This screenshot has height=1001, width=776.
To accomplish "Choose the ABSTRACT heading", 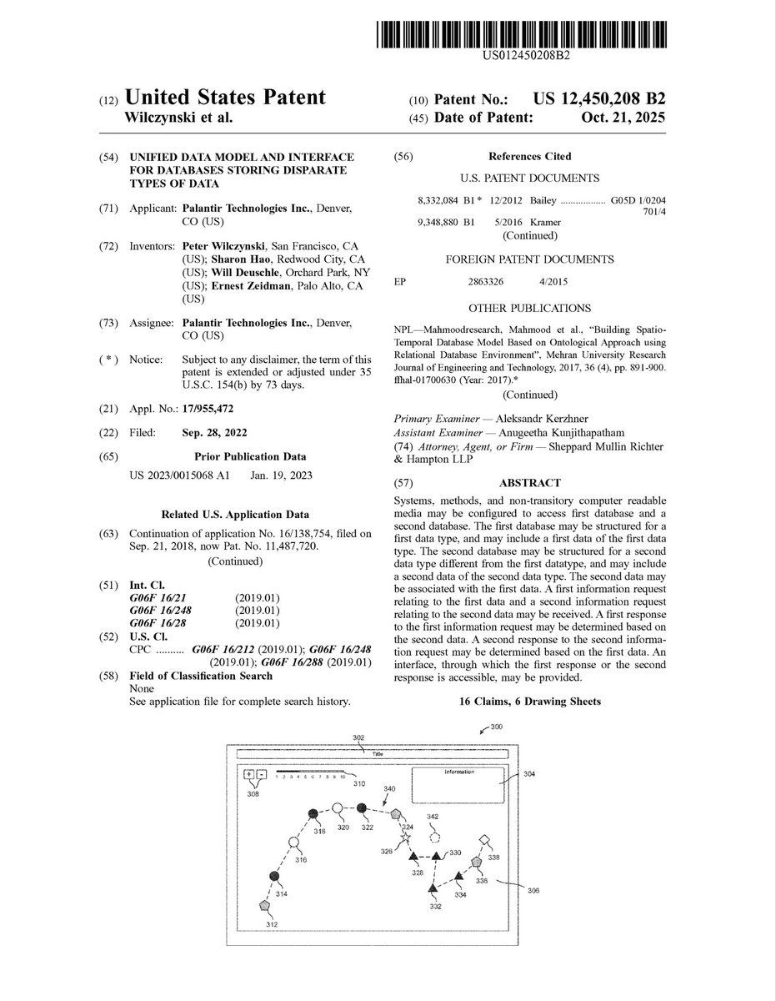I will coord(529,482).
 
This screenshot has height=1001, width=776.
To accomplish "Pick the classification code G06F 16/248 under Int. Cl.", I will coord(167,610).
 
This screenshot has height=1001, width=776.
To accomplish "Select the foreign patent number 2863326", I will coord(488,283).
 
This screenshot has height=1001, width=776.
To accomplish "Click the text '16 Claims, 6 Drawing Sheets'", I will coord(530,702).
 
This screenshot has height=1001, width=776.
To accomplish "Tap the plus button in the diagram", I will coord(248,773).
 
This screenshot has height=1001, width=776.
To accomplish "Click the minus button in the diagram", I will coord(262,773).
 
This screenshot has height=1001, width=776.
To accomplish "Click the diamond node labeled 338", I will coord(484,840).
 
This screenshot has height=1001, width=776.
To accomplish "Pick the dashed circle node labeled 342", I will coord(433,834).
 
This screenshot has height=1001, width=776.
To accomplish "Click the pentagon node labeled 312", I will coord(265,904).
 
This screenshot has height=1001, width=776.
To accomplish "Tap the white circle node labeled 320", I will coord(338,808).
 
